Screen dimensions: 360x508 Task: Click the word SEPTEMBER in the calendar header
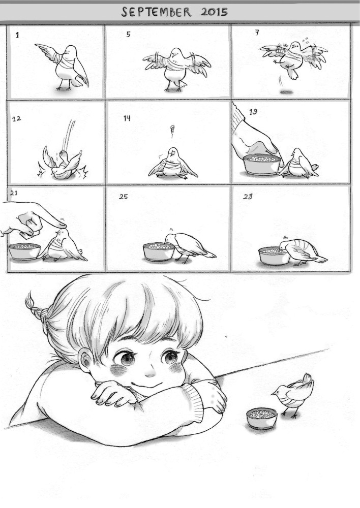[x=157, y=12]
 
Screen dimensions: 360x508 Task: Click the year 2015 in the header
[x=214, y=12]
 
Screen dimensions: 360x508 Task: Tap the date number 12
[x=17, y=118]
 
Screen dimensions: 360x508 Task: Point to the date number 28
[x=248, y=196]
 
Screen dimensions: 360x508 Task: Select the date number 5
[x=129, y=34]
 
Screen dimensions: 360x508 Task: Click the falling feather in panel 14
[x=172, y=131]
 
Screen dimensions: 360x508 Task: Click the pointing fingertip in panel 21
[x=62, y=224]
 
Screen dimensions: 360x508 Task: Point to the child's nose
[x=151, y=374]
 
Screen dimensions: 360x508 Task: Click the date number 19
[x=253, y=112]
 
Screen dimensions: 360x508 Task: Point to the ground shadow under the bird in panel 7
[x=286, y=92]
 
